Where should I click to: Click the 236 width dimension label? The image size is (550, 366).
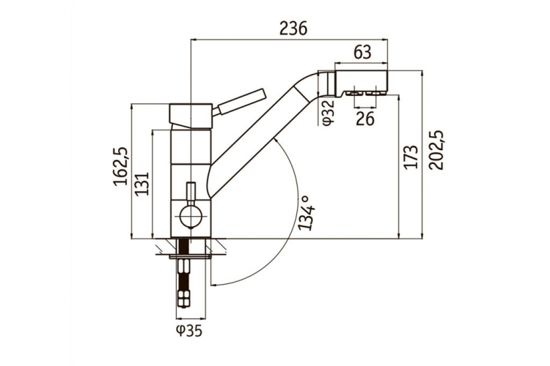[293, 28]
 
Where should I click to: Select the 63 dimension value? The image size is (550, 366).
[362, 53]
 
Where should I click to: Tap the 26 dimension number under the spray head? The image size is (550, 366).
[364, 119]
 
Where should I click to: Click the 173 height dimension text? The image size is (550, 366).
[411, 156]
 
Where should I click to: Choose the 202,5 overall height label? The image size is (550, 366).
[437, 150]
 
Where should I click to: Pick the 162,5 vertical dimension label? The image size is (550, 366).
[121, 167]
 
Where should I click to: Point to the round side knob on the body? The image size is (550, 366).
[190, 217]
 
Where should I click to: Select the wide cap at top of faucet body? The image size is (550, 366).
[191, 116]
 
